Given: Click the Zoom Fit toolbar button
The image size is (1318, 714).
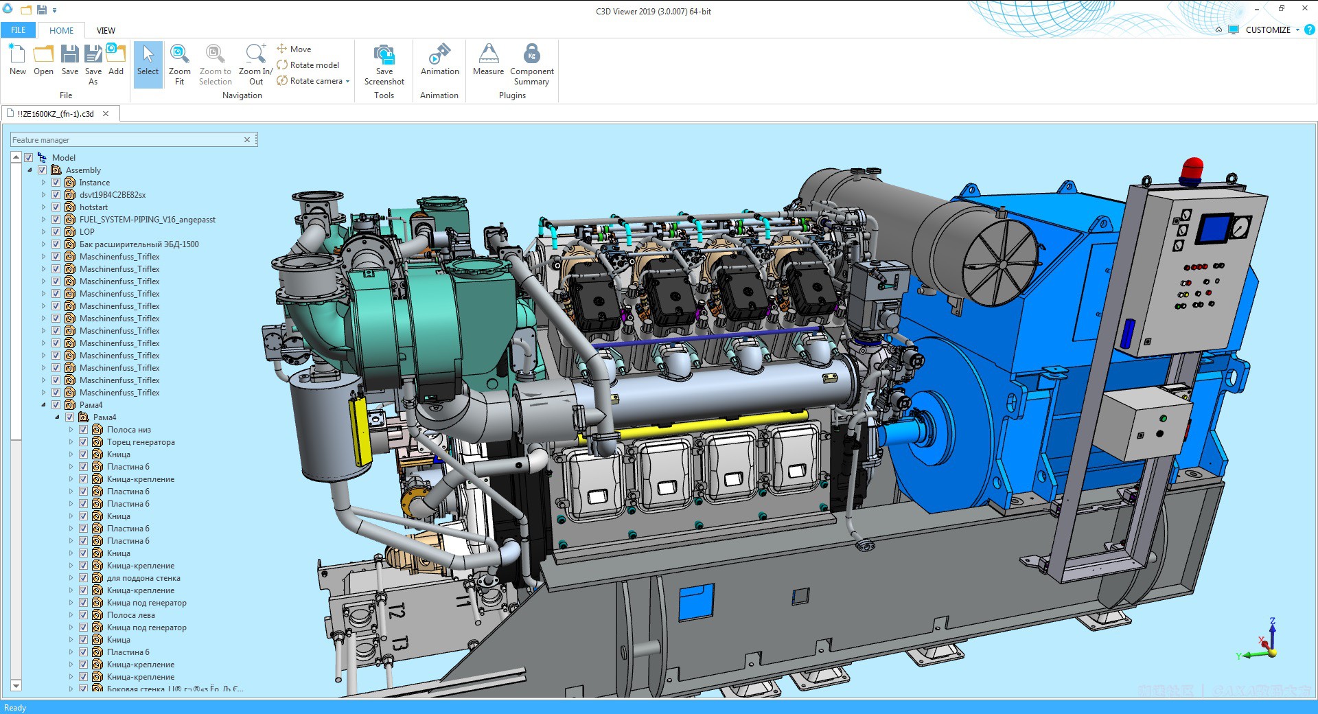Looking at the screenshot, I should [x=179, y=63].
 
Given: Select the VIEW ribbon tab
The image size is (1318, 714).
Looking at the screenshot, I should [x=106, y=30].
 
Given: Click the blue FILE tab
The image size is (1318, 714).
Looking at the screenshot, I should [x=19, y=30].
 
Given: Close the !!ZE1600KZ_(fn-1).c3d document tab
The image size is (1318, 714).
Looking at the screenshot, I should [x=106, y=114].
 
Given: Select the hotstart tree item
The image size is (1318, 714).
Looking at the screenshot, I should [x=93, y=207].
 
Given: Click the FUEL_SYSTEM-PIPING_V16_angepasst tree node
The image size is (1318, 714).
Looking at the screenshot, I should [x=147, y=220].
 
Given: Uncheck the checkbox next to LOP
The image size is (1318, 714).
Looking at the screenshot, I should [x=56, y=232].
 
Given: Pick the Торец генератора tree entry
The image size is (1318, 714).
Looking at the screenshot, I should [x=141, y=442].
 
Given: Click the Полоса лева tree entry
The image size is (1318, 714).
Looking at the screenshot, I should [x=130, y=615].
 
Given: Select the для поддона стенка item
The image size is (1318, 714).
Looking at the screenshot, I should [x=143, y=578].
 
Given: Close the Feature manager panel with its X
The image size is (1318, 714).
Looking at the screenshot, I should [x=247, y=140].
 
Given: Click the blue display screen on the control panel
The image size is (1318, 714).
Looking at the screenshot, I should [x=1214, y=228].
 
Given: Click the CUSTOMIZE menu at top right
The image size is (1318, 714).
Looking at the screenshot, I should [x=1267, y=30].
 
